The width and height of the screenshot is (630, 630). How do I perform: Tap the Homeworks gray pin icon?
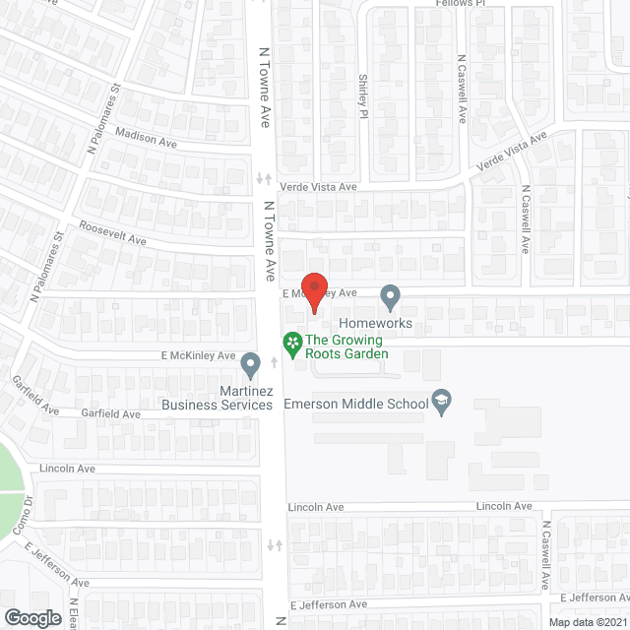(391, 295)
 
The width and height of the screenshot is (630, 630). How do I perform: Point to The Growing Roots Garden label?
(346, 347)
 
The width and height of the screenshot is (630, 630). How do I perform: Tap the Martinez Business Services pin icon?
(251, 366)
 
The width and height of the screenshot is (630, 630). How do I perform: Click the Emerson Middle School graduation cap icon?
(443, 403)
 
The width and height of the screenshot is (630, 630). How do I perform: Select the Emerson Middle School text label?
(355, 404)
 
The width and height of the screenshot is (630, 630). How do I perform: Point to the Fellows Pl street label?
(462, 3)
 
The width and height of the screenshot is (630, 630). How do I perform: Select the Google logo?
(31, 617)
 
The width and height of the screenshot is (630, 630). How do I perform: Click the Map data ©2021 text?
(587, 621)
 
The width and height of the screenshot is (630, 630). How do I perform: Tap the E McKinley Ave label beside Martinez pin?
(199, 355)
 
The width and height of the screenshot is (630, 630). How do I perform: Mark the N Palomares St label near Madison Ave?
(103, 117)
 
